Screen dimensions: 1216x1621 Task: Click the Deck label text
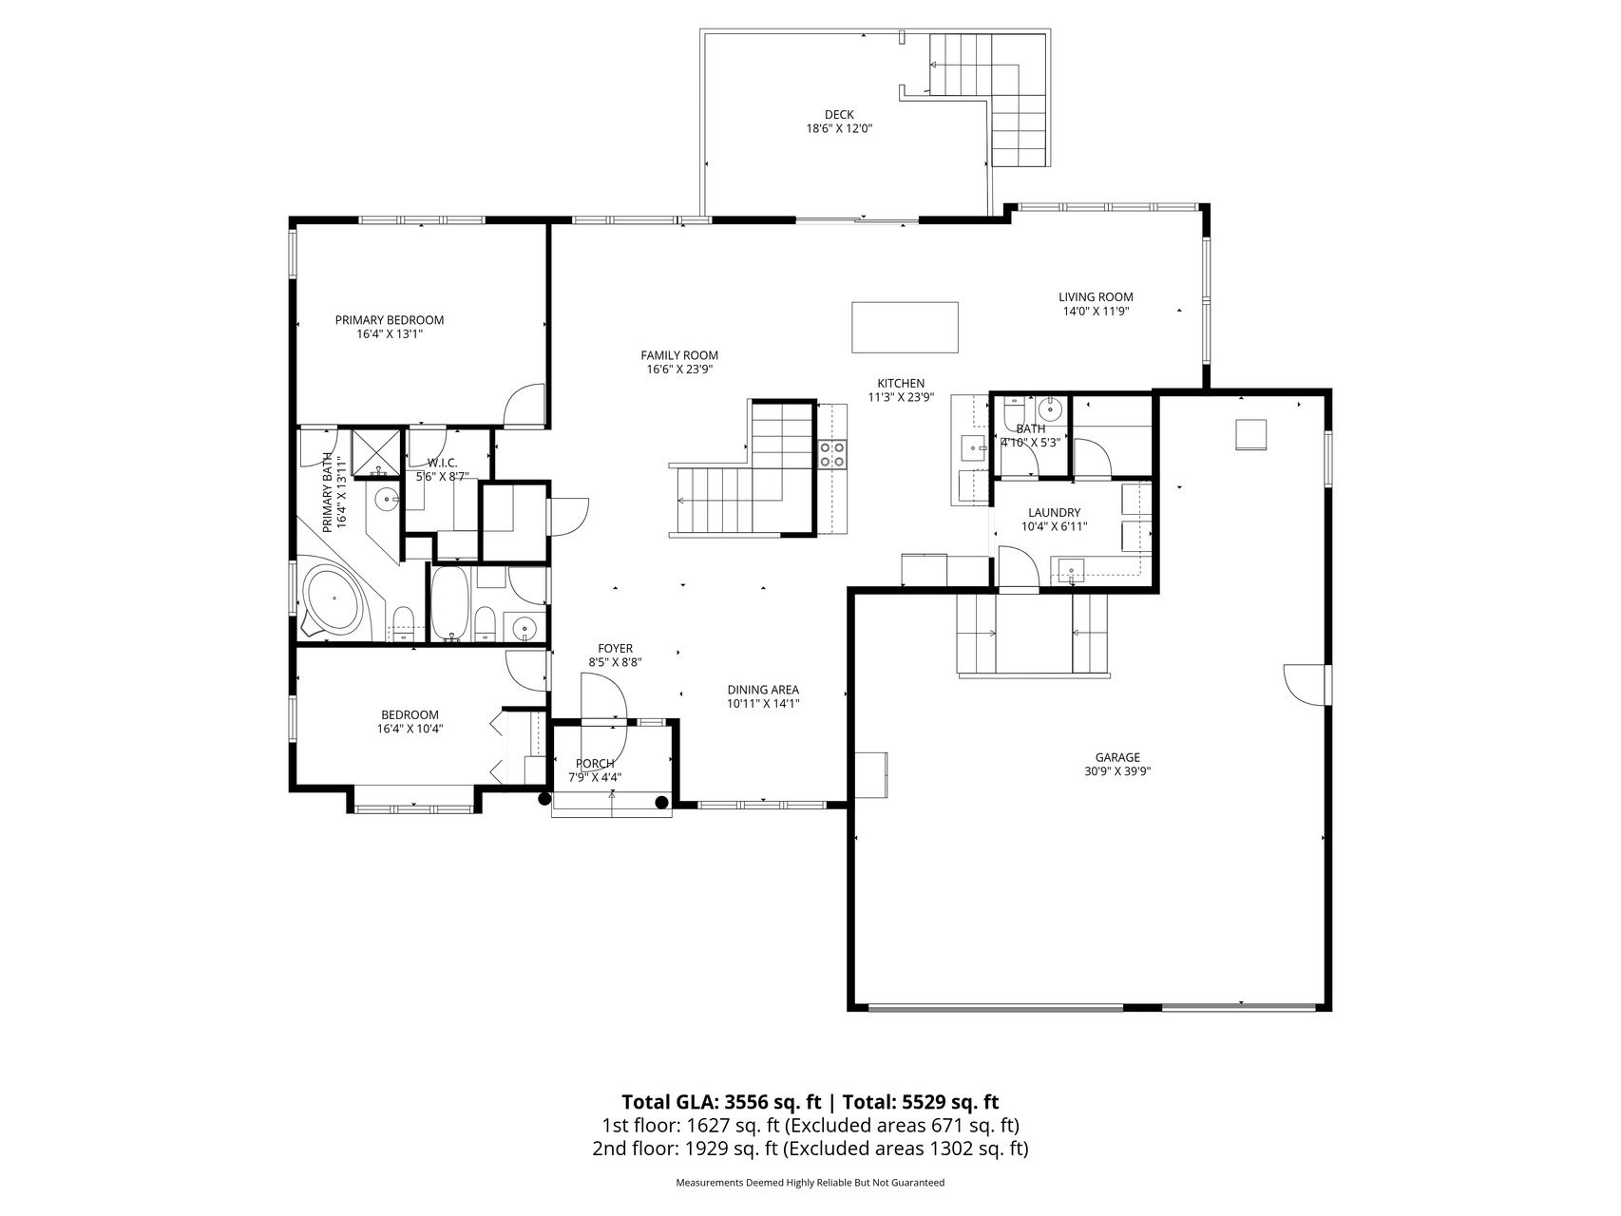(x=838, y=115)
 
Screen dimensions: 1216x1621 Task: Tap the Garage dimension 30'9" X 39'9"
(x=1116, y=771)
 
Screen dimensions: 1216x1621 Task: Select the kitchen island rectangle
(x=904, y=327)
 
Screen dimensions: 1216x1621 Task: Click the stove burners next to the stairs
(x=832, y=454)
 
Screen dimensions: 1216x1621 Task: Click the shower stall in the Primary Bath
(x=377, y=452)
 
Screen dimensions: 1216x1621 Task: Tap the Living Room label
(x=1096, y=296)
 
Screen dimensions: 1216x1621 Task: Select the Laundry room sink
(x=1071, y=571)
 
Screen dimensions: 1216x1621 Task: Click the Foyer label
(x=615, y=649)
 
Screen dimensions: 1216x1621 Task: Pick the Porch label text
(x=595, y=763)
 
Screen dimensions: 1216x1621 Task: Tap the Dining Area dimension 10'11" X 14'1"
(x=762, y=704)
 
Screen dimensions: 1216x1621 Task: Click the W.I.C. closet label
(x=442, y=463)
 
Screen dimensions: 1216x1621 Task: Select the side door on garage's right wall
(x=1306, y=684)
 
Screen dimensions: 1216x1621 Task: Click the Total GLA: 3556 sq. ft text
(x=721, y=1102)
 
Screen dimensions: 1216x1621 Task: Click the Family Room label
(x=678, y=355)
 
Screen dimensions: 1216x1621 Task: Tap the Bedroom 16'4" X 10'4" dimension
(x=410, y=729)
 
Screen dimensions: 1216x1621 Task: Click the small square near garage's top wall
(x=1250, y=434)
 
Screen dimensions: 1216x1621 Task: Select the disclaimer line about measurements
(x=810, y=1183)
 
